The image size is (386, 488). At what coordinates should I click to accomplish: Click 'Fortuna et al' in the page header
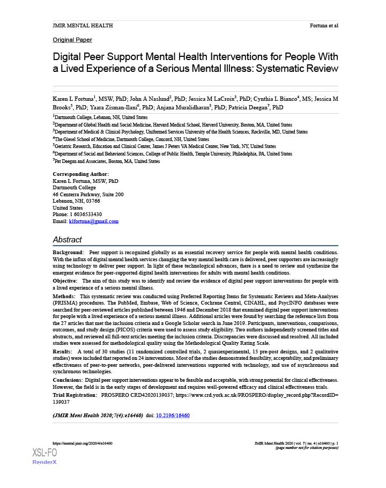click(324, 26)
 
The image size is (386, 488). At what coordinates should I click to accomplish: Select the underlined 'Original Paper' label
click(72, 40)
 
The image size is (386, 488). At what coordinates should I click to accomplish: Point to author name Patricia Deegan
click(250, 107)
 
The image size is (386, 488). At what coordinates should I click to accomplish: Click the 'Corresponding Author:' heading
click(81, 174)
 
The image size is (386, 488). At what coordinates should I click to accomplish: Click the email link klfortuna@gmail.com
click(94, 221)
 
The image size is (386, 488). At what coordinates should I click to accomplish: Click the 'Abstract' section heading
click(67, 240)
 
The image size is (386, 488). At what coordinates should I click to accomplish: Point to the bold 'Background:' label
click(68, 252)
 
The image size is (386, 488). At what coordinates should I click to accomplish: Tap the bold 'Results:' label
click(64, 351)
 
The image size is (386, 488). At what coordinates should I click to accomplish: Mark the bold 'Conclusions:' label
click(68, 380)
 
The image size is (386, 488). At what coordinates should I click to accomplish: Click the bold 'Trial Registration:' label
click(75, 395)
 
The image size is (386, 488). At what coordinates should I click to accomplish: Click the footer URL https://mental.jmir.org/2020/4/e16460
click(83, 444)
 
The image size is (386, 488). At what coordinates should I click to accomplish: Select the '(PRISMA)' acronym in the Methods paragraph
click(65, 303)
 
